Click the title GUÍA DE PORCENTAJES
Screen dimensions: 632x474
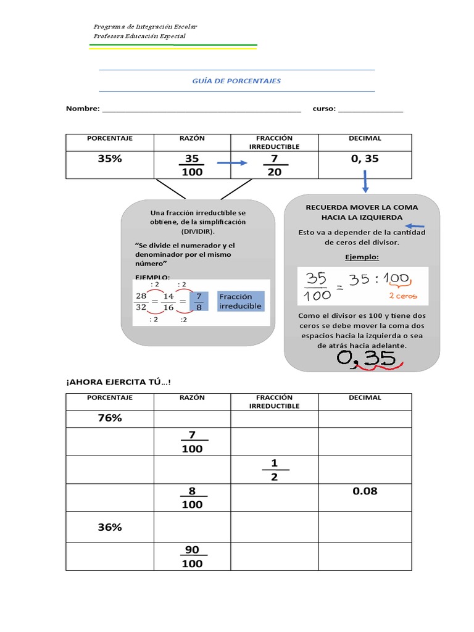[x=237, y=81]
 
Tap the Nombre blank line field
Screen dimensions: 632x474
[x=201, y=110]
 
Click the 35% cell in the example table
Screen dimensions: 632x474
[x=110, y=159]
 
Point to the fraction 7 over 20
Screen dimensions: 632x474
[x=274, y=165]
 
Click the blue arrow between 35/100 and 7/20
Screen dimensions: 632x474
[x=230, y=164]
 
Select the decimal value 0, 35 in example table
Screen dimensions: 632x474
[x=365, y=159]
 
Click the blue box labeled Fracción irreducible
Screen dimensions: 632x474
[x=241, y=301]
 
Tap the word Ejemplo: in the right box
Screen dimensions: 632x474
[x=362, y=256]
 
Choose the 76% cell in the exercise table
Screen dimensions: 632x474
[x=110, y=418]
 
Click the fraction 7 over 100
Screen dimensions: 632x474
[x=192, y=442]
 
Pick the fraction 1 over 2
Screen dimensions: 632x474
[x=274, y=470]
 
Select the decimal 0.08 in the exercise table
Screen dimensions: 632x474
[x=365, y=491]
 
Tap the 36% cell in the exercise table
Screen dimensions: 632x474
[x=110, y=527]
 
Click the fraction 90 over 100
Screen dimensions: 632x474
[x=192, y=556]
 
